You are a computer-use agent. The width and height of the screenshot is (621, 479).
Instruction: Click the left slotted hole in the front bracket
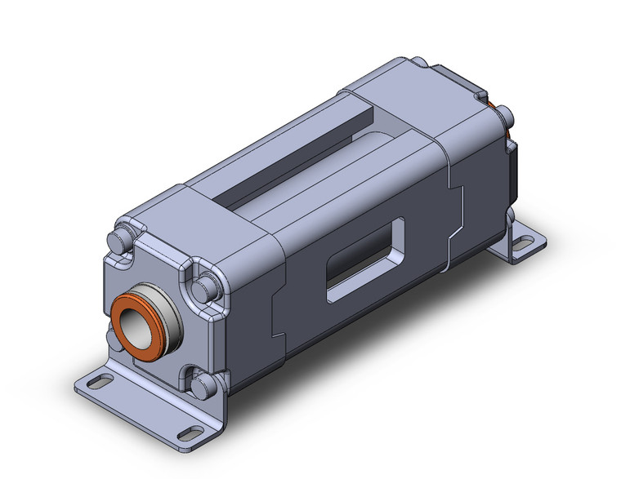click(x=97, y=381)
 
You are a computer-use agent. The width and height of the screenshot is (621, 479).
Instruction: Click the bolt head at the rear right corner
click(x=504, y=114)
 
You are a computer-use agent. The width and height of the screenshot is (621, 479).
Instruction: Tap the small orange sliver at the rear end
click(x=493, y=107)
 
